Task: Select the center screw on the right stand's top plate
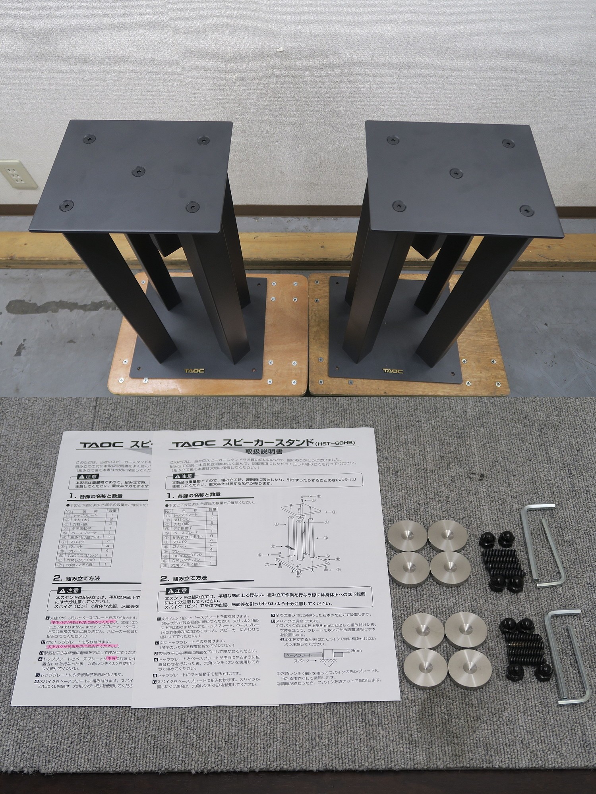[x=455, y=172]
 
